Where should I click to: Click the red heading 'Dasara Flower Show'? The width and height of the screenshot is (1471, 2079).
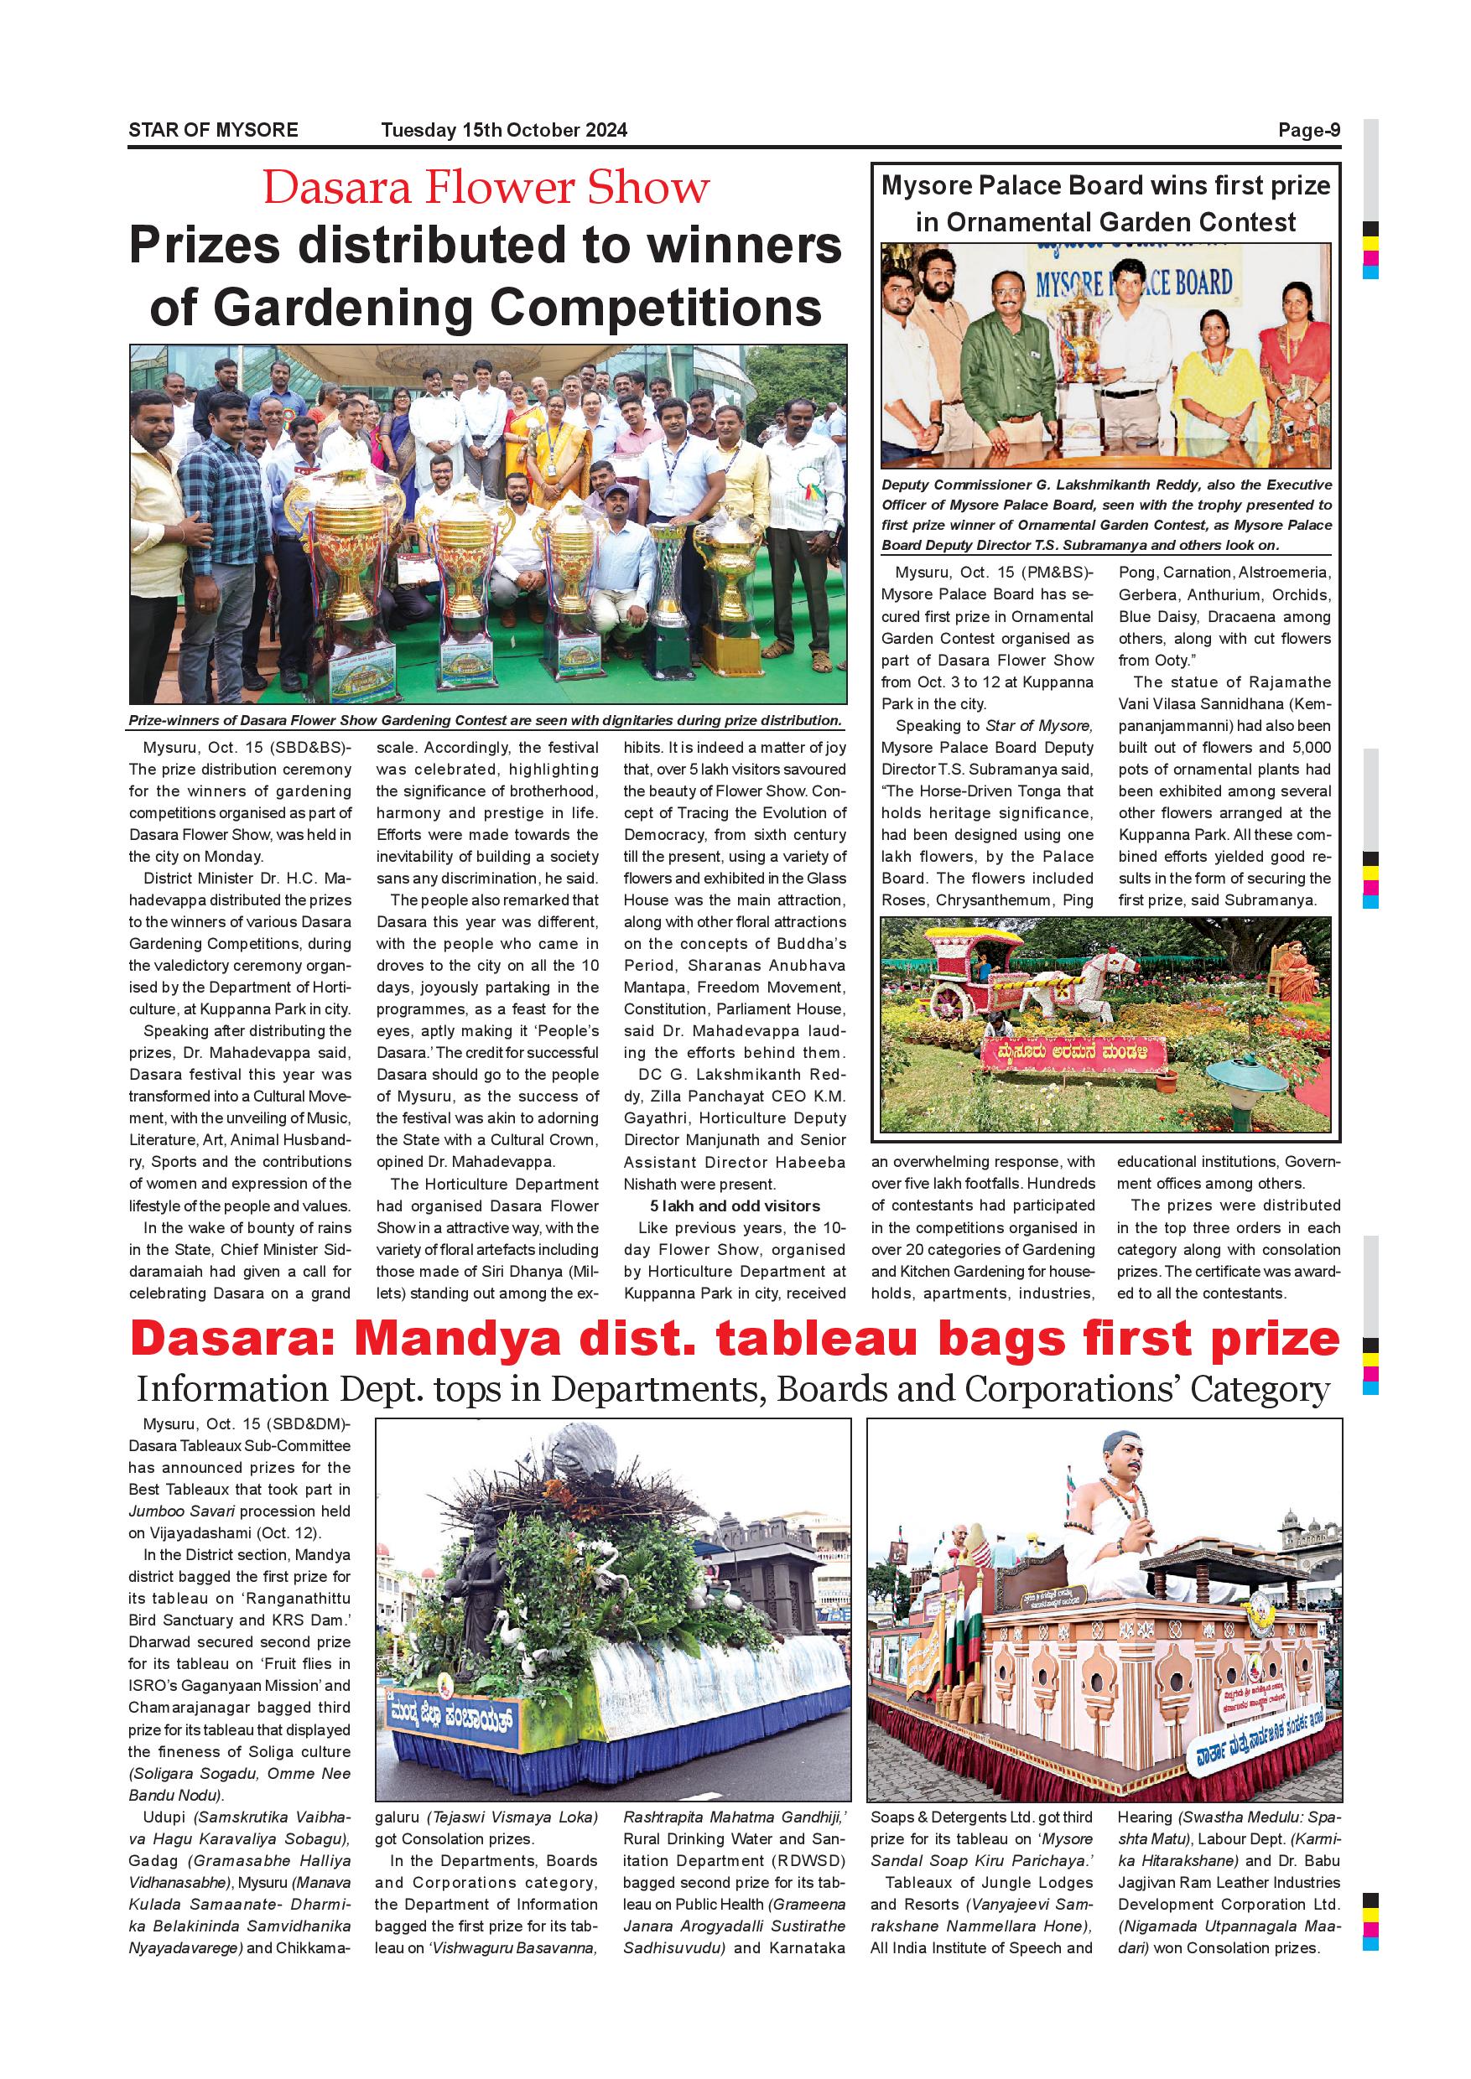(x=486, y=188)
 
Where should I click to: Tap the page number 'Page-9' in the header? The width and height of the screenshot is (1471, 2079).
(x=1309, y=131)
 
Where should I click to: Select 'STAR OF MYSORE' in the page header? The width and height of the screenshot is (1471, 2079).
(x=213, y=131)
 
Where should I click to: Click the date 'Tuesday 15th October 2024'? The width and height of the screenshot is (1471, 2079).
(x=504, y=131)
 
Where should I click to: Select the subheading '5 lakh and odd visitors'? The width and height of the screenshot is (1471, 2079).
(x=734, y=1206)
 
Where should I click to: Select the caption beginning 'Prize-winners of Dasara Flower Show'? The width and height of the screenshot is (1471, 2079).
(x=485, y=721)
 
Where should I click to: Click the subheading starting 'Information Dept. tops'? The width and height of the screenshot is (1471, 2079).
(x=733, y=1388)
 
